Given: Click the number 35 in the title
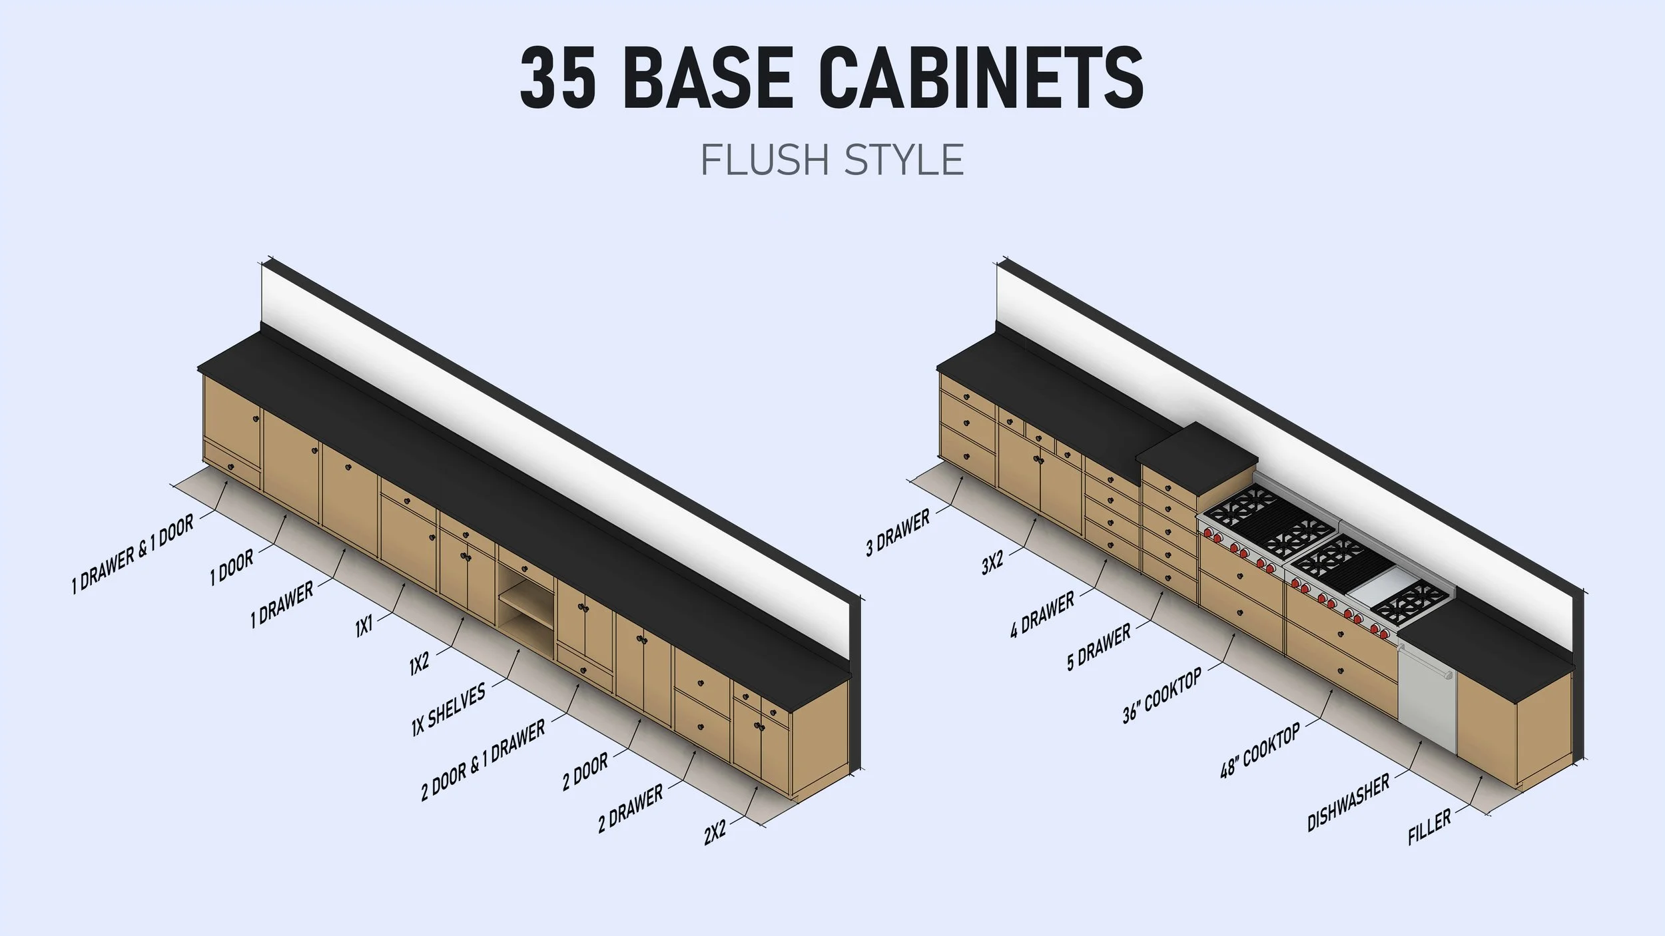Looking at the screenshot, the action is pyautogui.click(x=557, y=78).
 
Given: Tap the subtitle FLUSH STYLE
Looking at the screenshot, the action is pyautogui.click(x=832, y=160).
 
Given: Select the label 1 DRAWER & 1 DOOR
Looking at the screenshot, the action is pyautogui.click(x=133, y=554).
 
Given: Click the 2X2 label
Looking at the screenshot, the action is pyautogui.click(x=715, y=833).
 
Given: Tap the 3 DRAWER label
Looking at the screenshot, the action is pyautogui.click(x=898, y=534).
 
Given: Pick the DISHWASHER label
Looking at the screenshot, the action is pyautogui.click(x=1349, y=802).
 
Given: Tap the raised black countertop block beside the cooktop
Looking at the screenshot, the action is pyautogui.click(x=1197, y=459).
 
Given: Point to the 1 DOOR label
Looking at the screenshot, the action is pyautogui.click(x=232, y=568).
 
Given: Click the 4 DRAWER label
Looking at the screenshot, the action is pyautogui.click(x=1042, y=614).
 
